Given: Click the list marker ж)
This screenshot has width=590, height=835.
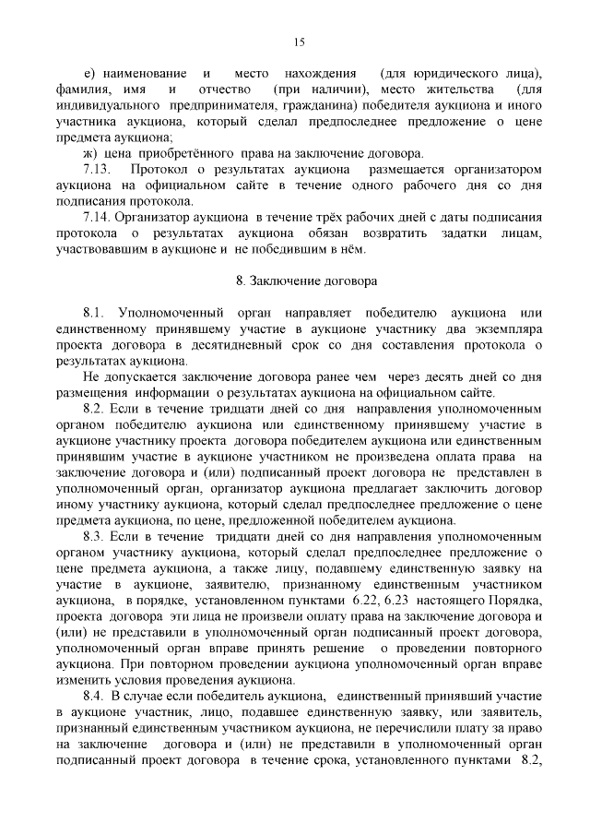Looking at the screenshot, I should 90,153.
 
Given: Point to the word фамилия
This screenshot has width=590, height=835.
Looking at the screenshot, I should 82,89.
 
